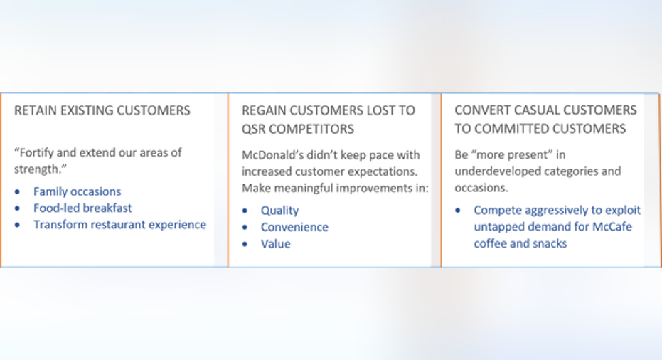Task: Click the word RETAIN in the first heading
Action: [36, 111]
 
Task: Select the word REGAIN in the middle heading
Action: [263, 111]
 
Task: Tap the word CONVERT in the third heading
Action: [480, 110]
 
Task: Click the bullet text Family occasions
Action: [78, 191]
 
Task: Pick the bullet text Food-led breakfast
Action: [82, 208]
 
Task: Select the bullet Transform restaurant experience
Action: [120, 224]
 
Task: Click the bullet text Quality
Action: [280, 211]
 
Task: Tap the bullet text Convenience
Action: [294, 227]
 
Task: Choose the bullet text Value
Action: [276, 244]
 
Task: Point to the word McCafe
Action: [612, 226]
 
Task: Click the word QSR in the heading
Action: [253, 129]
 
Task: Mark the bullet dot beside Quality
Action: [245, 211]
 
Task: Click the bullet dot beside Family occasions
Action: [17, 192]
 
